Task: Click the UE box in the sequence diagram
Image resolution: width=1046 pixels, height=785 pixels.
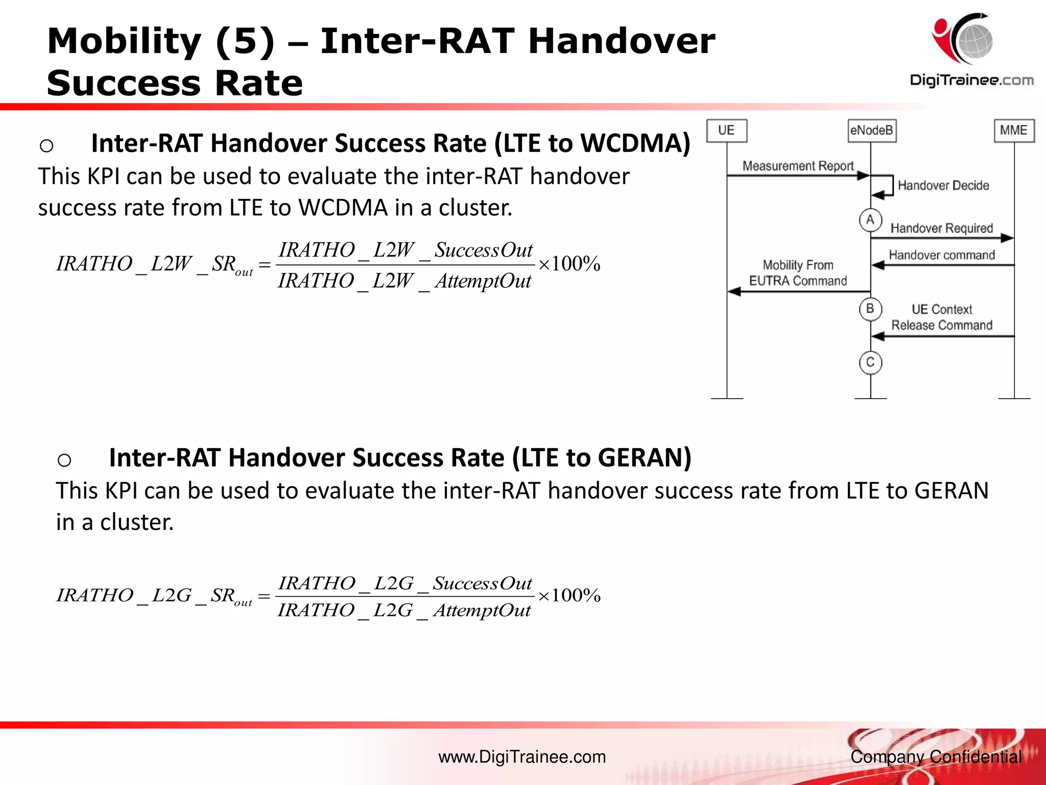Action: coord(726,131)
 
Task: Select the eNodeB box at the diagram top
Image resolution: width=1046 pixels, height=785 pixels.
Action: coord(871,131)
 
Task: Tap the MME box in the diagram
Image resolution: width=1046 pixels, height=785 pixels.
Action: coord(1014,131)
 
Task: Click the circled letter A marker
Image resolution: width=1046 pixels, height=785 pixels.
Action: coord(870,220)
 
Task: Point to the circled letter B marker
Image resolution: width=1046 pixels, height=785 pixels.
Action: coord(870,309)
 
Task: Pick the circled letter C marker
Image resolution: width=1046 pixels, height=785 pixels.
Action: coord(870,363)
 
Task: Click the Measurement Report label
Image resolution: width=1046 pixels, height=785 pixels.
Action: coord(798,166)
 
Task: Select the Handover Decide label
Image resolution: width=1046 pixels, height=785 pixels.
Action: coord(943,186)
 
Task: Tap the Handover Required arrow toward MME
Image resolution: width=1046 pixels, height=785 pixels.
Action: coord(942,238)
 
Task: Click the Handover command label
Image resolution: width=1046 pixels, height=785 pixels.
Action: coord(942,255)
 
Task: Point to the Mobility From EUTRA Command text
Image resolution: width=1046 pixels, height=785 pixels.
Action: coord(798,273)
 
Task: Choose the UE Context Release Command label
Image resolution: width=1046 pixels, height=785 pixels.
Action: coord(942,317)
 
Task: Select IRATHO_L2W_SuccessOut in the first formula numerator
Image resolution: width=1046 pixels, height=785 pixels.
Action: coord(405,250)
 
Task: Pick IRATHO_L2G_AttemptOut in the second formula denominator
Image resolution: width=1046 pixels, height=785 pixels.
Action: coord(404,610)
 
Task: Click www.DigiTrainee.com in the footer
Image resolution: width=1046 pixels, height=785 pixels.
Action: coord(522,757)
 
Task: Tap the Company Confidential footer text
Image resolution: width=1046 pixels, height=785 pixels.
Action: coord(936,757)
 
